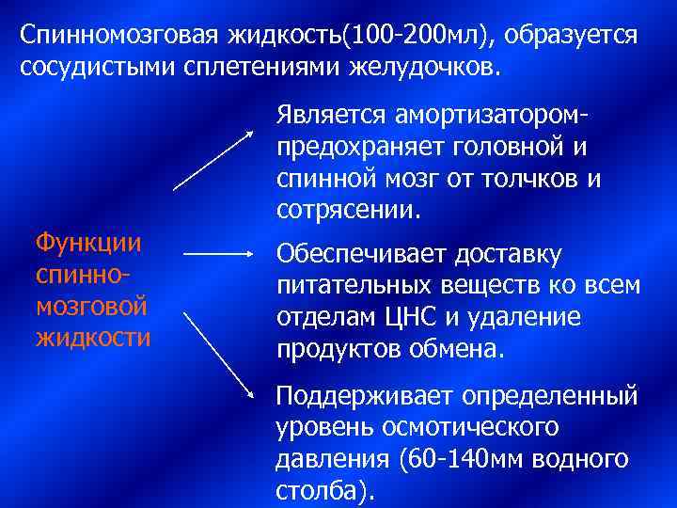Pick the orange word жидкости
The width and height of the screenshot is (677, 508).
pos(92,336)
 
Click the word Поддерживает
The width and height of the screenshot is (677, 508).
pos(358,395)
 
